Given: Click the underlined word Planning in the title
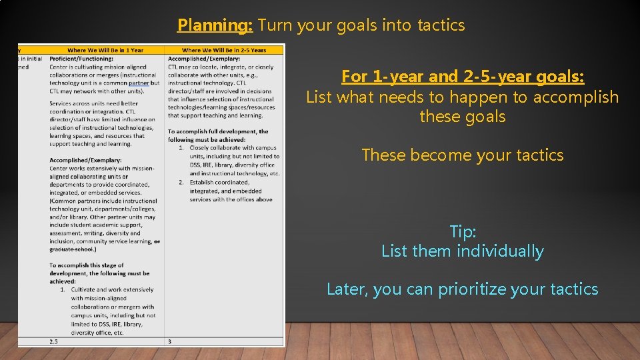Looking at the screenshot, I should tap(215, 25).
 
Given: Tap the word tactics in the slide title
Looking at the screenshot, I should tap(441, 25).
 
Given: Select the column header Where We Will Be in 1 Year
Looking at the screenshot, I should tap(105, 50).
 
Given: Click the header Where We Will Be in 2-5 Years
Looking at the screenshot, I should tap(223, 50).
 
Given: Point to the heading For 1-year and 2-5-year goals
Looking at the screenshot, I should tap(463, 77).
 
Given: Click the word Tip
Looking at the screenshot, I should tap(463, 232).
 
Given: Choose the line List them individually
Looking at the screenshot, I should tap(463, 251).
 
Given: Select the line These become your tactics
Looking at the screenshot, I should tap(463, 155).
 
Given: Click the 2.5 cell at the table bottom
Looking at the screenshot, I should tap(54, 341).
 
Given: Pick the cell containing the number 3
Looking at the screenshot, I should tap(171, 341).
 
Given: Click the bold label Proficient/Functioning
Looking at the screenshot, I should tap(81, 59).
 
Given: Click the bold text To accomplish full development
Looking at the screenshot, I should tap(218, 132).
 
